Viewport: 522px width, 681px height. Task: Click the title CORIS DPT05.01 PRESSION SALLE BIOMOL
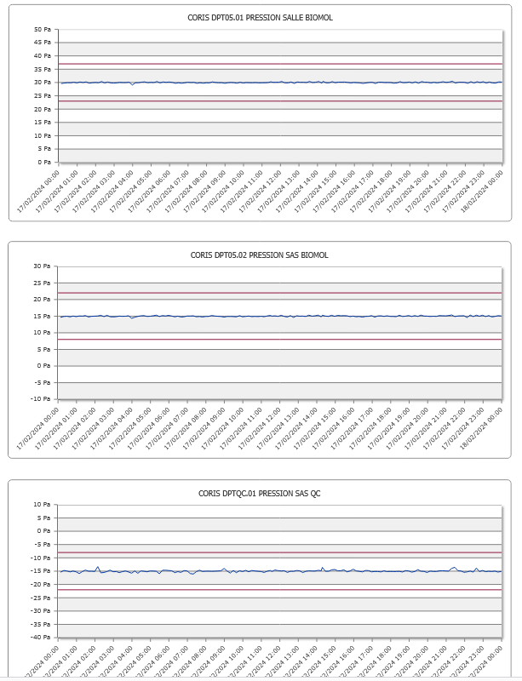[259, 17]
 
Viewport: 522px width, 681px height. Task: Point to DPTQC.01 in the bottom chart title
[238, 493]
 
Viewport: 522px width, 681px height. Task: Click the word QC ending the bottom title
[315, 493]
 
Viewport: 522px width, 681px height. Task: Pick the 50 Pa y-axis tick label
[43, 29]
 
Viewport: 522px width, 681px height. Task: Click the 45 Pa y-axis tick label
[43, 43]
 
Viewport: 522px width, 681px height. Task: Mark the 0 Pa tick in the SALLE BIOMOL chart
[45, 162]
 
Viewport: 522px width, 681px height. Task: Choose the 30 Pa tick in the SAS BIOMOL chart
[43, 266]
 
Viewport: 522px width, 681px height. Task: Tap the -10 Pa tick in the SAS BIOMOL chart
[42, 398]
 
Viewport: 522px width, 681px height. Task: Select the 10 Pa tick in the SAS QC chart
[43, 504]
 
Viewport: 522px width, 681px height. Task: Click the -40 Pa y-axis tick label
[42, 637]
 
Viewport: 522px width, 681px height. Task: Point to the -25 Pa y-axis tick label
[42, 597]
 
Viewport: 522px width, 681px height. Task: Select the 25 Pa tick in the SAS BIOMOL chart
[43, 283]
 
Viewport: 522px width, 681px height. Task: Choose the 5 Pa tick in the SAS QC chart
[45, 518]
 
